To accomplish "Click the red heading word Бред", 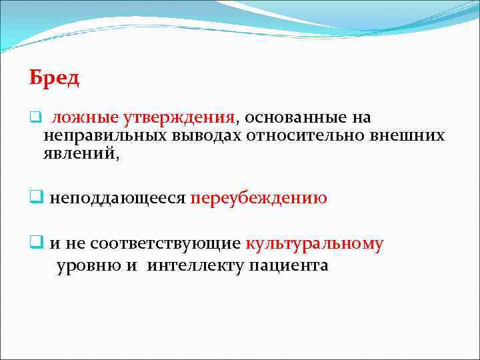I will [x=54, y=78].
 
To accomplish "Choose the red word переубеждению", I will [x=259, y=199].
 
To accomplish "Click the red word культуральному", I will [x=315, y=244].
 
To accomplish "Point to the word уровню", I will [x=85, y=266].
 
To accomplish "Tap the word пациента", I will [x=289, y=266].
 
